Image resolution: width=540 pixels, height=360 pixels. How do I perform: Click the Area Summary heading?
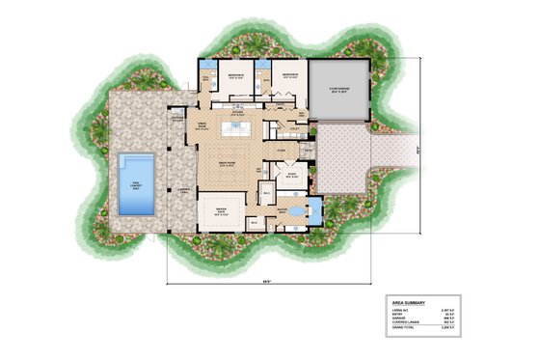click(x=411, y=302)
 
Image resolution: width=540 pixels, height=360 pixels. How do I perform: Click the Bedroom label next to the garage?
click(x=287, y=73)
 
